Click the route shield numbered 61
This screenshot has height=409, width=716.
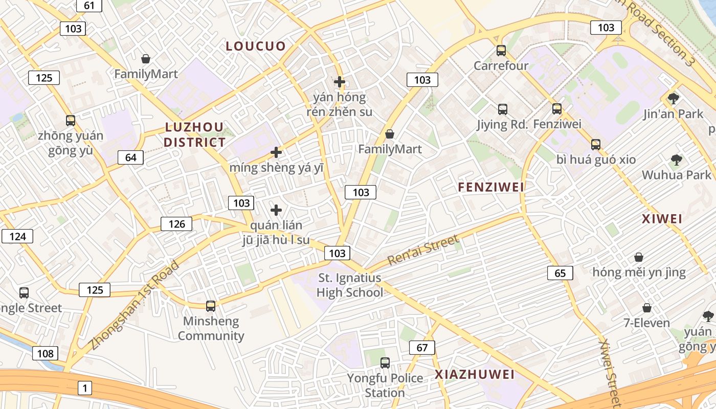[89, 6]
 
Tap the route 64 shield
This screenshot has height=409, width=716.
[130, 157]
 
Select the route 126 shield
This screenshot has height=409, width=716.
[176, 223]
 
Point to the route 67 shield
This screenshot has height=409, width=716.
[422, 348]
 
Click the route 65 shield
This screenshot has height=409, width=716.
[560, 273]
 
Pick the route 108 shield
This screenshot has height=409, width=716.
[45, 353]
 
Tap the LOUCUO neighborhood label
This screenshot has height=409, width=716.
[256, 46]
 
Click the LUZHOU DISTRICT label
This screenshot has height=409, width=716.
[194, 134]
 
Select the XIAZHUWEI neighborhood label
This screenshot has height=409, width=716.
[475, 374]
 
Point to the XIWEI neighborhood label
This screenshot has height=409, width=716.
[662, 219]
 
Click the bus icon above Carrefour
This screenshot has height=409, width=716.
[501, 51]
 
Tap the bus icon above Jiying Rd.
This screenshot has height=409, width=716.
[503, 109]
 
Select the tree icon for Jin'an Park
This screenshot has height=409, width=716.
[674, 98]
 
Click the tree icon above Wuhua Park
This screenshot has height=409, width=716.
[677, 160]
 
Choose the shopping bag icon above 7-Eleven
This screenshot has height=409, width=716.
[647, 308]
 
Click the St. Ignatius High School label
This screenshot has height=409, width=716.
[350, 285]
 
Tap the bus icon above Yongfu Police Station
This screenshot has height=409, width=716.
[385, 363]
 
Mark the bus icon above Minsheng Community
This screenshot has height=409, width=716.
[211, 306]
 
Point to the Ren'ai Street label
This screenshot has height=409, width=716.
[423, 249]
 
